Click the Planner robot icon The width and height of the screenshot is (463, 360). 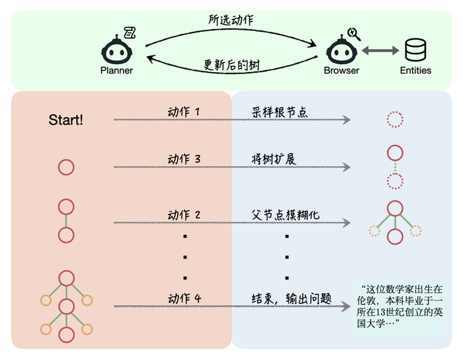pos(116,48)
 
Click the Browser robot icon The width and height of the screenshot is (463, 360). pos(341,48)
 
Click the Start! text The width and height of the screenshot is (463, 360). pos(66,120)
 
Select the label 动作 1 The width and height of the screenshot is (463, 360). pos(183,112)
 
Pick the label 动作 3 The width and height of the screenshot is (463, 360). pos(183,159)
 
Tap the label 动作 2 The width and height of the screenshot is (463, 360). pos(183,214)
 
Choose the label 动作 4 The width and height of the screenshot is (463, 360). pos(183,298)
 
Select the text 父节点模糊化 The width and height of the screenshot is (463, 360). pos(285,214)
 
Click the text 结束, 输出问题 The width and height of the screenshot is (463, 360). pos(291,298)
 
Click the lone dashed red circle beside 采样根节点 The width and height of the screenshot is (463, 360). pos(395,120)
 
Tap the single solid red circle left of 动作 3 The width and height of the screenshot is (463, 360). pos(66,167)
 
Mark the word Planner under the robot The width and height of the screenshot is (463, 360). pos(116,70)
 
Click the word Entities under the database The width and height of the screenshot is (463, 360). pos(415,70)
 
